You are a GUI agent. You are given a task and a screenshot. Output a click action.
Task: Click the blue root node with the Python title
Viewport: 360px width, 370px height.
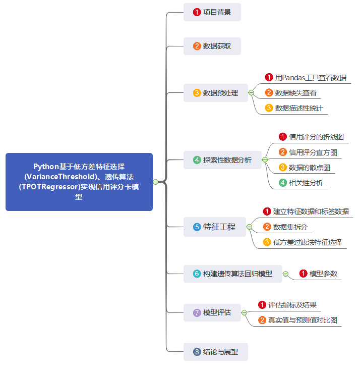coord(79,182)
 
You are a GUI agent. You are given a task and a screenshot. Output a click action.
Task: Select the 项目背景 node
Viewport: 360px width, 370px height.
coord(212,12)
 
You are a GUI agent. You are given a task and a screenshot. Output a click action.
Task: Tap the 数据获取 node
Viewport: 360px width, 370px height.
coord(212,46)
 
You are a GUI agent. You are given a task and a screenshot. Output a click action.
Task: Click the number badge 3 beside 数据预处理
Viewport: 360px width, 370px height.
coord(197,93)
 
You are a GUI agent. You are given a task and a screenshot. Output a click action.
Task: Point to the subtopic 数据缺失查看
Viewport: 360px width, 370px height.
coord(295,93)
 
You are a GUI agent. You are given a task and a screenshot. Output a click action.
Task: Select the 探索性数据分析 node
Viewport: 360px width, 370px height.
coord(222,160)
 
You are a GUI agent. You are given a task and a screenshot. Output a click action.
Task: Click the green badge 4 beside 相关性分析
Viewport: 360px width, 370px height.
coord(283,183)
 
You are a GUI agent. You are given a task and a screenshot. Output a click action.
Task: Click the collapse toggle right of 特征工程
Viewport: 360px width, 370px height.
coord(249,227)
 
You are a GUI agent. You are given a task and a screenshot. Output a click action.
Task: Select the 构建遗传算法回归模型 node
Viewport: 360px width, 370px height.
coord(232,274)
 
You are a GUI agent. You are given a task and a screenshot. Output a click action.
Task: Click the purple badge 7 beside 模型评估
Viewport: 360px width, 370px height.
coord(197,312)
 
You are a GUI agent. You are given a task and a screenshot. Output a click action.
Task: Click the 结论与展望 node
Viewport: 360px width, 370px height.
coord(216,351)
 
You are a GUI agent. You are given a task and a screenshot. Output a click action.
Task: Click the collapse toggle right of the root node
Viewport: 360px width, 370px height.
coord(155,182)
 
